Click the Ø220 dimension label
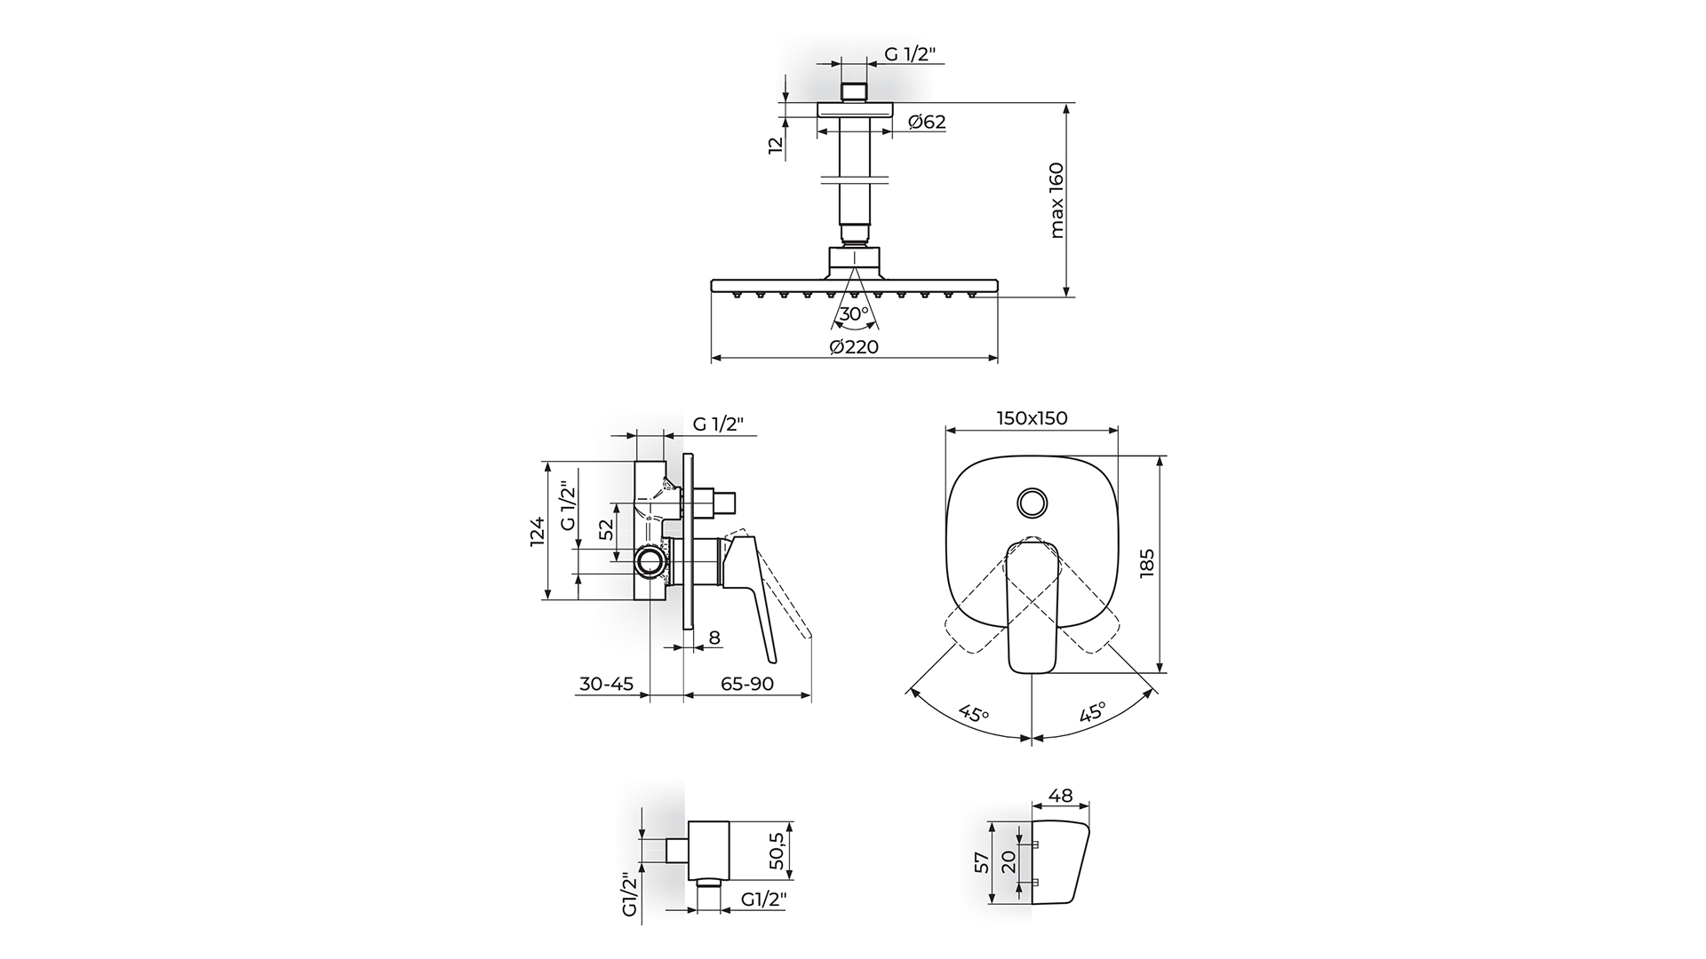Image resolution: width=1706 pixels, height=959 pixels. point(854,347)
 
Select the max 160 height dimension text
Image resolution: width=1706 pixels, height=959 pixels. point(1056,200)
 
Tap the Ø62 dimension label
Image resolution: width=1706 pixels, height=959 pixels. point(928,122)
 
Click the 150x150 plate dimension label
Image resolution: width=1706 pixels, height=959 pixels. point(1032,417)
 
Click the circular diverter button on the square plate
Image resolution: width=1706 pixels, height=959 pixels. point(1032,502)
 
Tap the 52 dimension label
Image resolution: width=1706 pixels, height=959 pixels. point(606,529)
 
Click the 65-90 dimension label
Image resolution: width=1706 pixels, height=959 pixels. point(747,684)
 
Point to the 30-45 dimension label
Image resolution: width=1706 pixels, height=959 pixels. point(606,684)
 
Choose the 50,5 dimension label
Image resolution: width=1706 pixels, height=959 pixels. point(776,851)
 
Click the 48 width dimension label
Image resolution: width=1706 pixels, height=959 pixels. point(1060,796)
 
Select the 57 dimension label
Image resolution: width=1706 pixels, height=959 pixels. point(982,863)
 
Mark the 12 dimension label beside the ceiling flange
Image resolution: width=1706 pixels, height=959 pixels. point(777,146)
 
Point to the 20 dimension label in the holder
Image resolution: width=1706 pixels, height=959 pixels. point(1008,862)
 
